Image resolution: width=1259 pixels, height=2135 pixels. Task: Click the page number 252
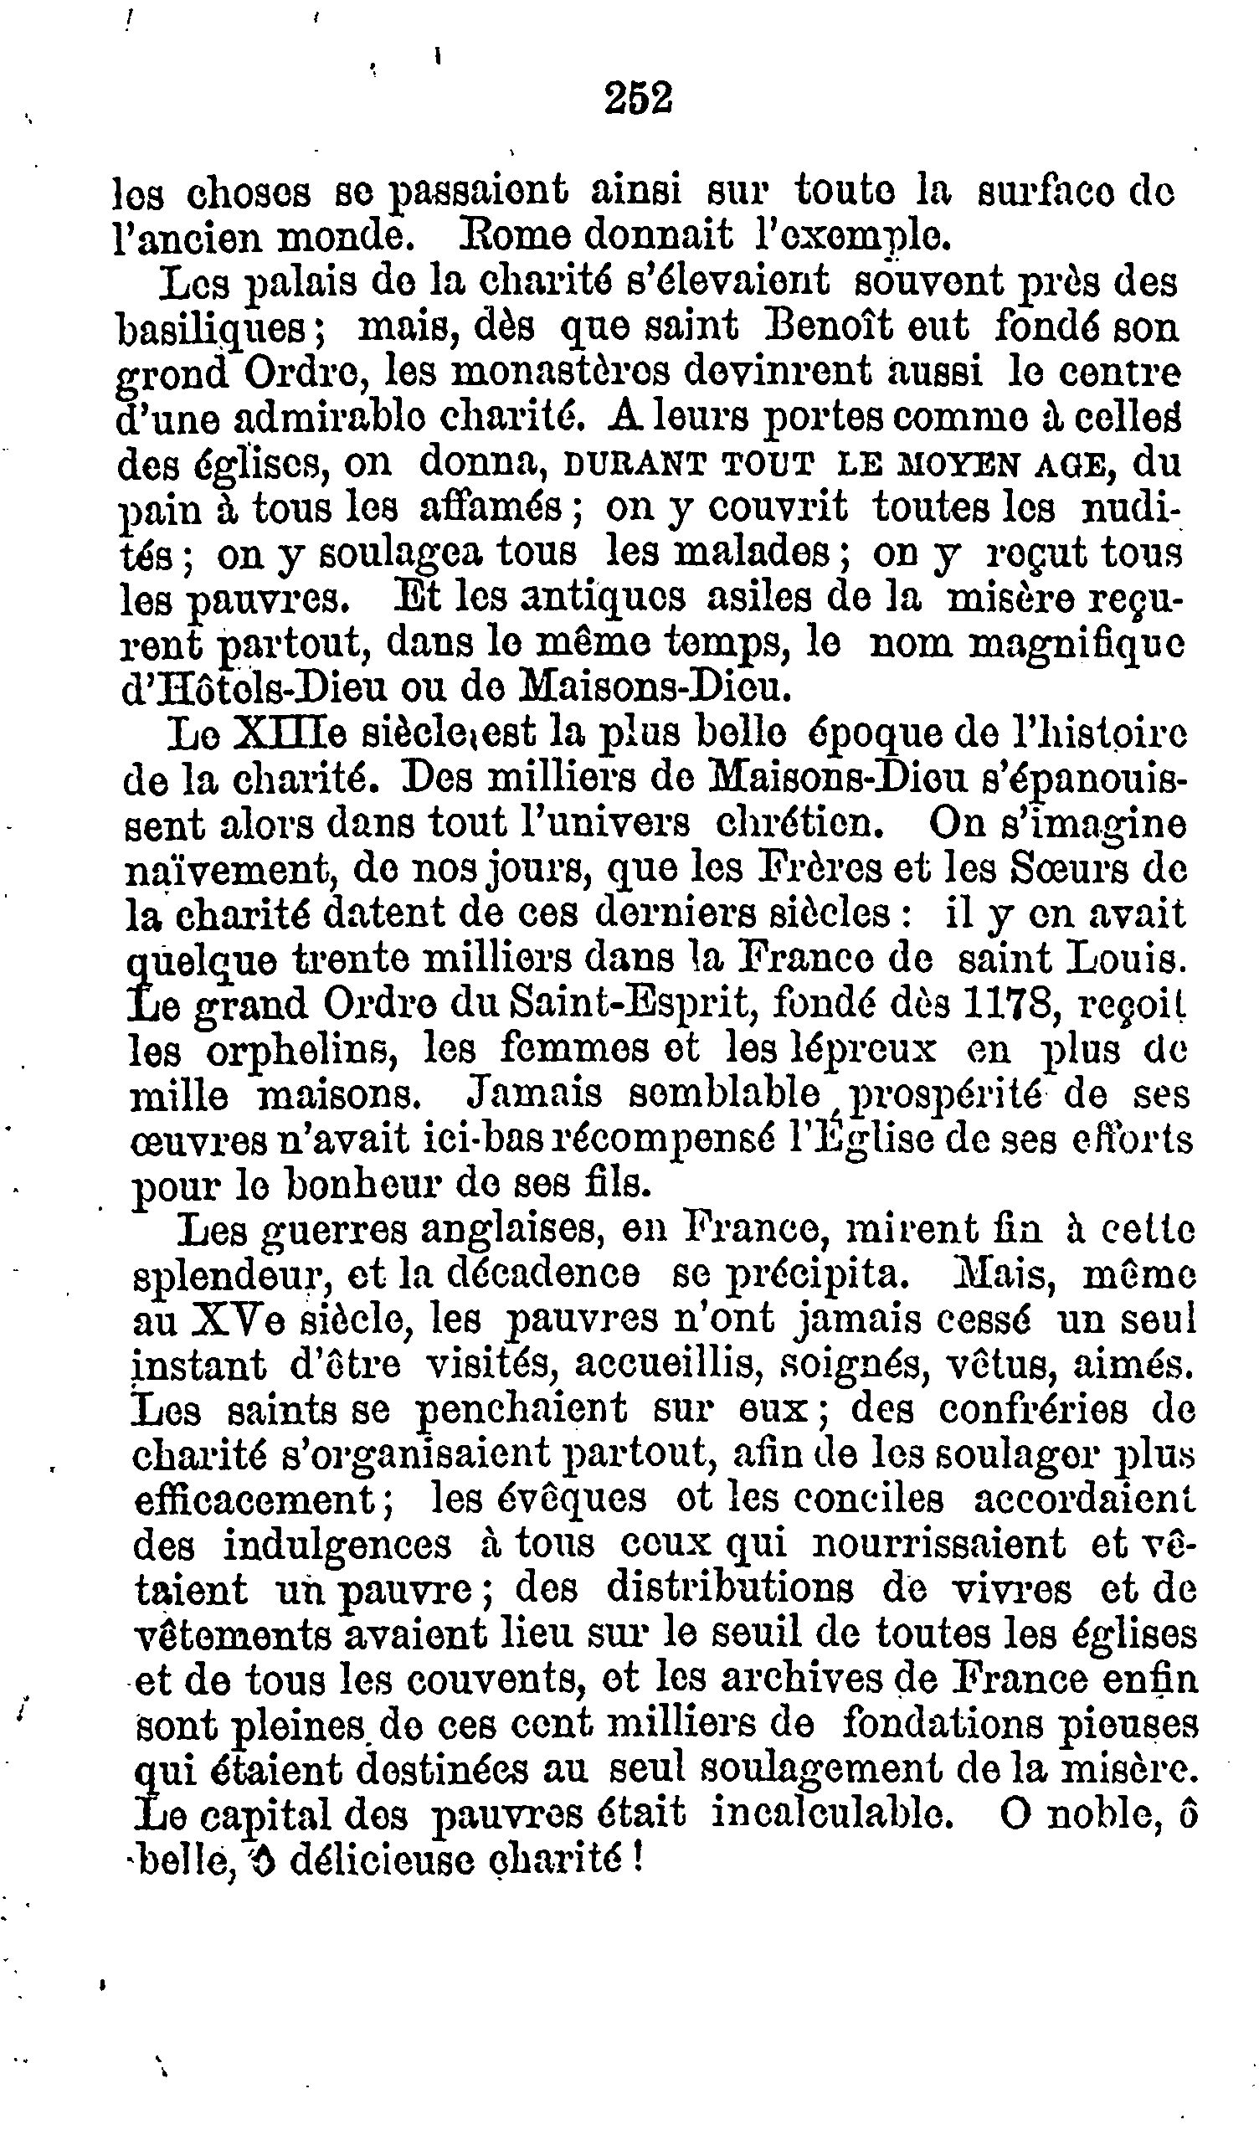pos(638,99)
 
